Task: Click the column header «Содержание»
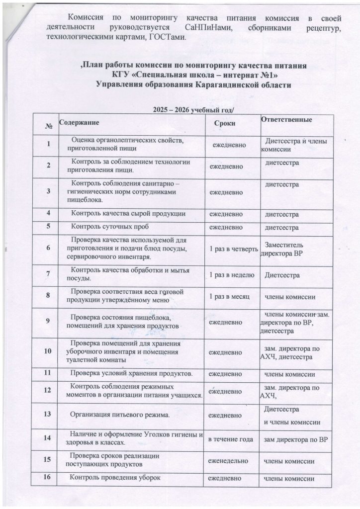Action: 79,122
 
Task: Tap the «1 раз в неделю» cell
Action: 232,274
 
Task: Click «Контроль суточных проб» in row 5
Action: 107,228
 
